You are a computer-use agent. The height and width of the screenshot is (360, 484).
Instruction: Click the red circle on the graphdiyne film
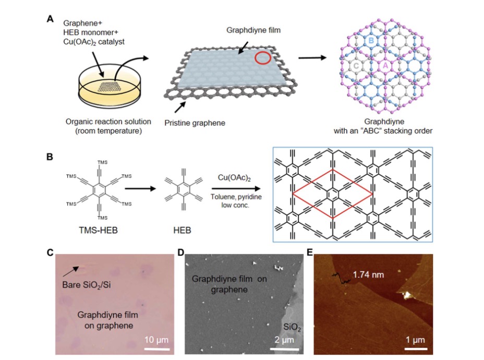pos(263,52)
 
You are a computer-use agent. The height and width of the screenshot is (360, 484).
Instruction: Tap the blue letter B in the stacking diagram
pos(371,41)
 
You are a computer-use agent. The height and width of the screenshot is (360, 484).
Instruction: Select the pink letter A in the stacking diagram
pos(385,65)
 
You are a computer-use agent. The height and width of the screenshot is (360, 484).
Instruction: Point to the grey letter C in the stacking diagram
pos(356,65)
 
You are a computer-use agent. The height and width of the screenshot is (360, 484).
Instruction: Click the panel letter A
pos(50,19)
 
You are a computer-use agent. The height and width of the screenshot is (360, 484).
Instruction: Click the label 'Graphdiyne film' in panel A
pos(253,30)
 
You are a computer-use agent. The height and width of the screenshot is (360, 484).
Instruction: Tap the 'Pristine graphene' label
pos(195,123)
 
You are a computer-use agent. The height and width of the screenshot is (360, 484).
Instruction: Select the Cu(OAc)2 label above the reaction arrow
pos(234,178)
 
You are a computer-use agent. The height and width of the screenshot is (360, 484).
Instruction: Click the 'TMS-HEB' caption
pos(98,230)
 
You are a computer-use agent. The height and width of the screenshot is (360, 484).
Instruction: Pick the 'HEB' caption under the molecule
pos(182,230)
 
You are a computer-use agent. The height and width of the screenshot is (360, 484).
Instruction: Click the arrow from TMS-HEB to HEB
pos(140,188)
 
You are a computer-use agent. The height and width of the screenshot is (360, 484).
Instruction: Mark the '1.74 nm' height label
pos(368,274)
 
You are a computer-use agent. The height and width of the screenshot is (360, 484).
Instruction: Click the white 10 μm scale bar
pos(157,349)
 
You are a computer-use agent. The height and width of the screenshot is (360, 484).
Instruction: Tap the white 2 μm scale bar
pos(284,349)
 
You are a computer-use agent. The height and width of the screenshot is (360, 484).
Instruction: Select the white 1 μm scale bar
pos(416,349)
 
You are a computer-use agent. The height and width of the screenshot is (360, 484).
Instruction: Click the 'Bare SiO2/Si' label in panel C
pos(87,285)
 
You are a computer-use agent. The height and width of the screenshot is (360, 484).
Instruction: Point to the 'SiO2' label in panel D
pos(292,327)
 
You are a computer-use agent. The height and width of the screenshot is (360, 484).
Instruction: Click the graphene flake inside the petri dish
pos(110,87)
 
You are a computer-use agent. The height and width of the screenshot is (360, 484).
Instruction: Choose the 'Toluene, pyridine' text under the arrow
pos(236,197)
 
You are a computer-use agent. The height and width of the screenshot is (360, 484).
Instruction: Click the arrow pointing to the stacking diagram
pos(312,58)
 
